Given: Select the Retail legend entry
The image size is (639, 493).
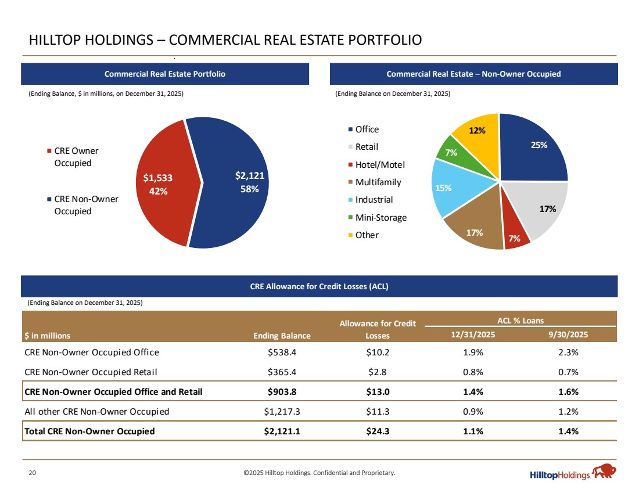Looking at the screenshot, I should click(x=367, y=147).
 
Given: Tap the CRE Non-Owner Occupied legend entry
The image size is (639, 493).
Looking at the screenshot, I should click(x=86, y=205).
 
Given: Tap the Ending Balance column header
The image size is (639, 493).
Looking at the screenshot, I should click(x=282, y=336).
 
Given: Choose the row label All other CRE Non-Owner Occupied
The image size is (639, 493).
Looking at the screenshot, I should click(x=97, y=412).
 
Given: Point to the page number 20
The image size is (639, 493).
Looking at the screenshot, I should click(x=33, y=473).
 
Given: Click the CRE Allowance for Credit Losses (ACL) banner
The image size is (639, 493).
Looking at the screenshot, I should click(x=319, y=286).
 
